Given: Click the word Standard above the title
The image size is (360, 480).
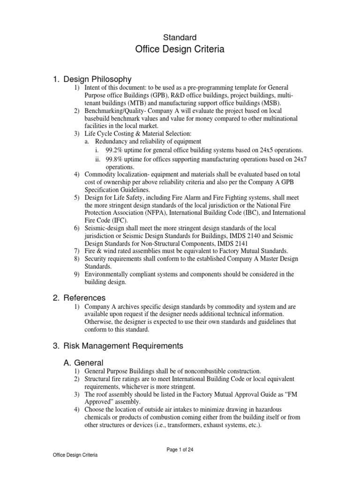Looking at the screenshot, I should pyautogui.click(x=180, y=37).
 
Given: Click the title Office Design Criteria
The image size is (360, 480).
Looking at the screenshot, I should pyautogui.click(x=180, y=49).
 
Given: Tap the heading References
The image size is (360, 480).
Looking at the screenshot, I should pyautogui.click(x=84, y=298).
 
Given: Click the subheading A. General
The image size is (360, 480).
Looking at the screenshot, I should pyautogui.click(x=83, y=362).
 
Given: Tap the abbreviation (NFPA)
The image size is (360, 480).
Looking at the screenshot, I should pyautogui.click(x=152, y=213).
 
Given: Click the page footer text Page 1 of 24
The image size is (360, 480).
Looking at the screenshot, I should pyautogui.click(x=180, y=450).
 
